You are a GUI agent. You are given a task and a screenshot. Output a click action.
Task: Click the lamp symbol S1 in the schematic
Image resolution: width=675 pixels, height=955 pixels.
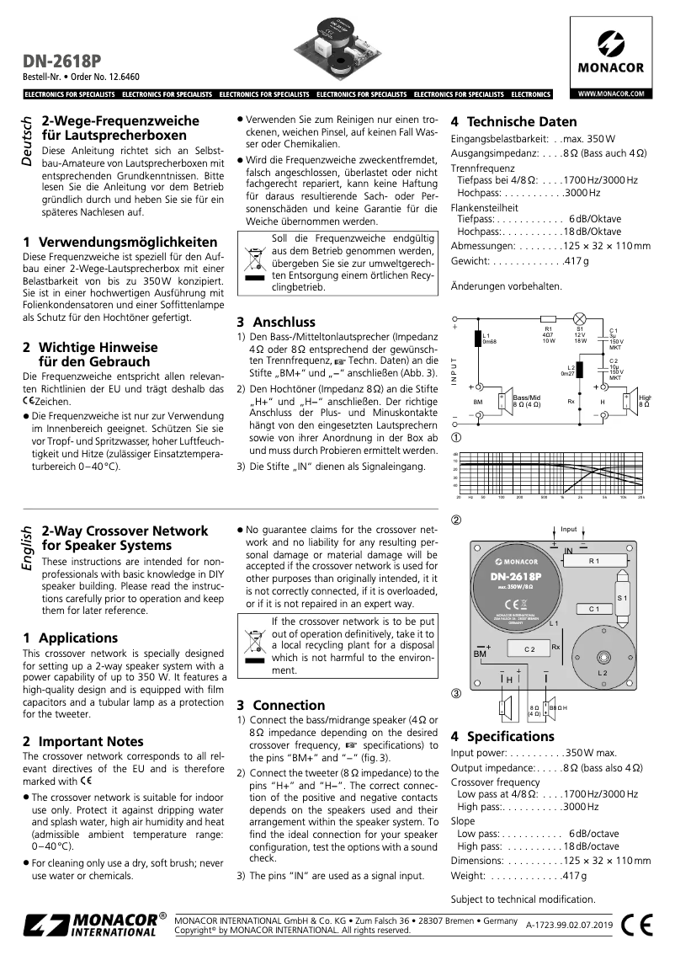click(580, 319)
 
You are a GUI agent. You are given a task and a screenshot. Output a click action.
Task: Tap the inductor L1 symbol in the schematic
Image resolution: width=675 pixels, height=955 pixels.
click(477, 339)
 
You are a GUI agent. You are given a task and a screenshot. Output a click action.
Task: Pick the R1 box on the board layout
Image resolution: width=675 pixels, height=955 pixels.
click(594, 561)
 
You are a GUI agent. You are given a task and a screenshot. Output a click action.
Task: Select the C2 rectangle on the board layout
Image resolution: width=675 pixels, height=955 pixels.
click(530, 648)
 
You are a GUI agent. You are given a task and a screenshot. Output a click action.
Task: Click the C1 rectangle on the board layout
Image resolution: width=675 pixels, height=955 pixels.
click(593, 608)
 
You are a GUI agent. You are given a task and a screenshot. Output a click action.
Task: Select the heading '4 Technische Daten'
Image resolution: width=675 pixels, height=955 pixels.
click(514, 121)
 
